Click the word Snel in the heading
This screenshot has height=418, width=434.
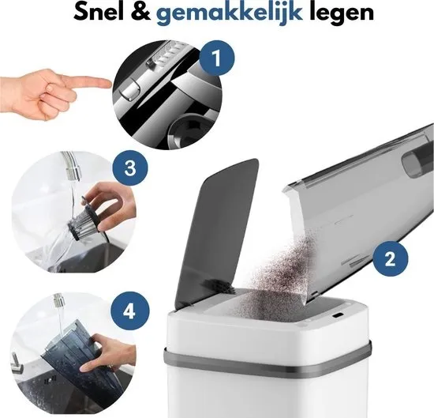tap(99, 13)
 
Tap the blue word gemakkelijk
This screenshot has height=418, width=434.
tap(229, 14)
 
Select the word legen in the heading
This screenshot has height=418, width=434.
tap(341, 14)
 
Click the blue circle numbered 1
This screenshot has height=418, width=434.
tap(217, 58)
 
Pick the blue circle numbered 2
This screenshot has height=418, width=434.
tap(391, 259)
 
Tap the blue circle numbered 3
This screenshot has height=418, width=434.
tap(130, 168)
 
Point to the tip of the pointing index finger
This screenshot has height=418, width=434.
tap(111, 83)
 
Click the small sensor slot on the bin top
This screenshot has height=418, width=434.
tap(338, 315)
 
